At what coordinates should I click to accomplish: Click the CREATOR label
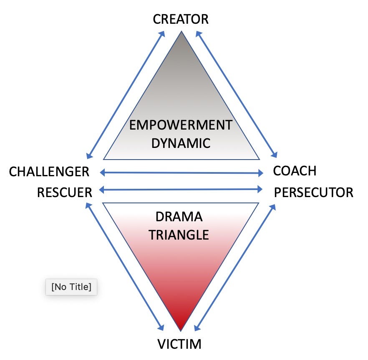[x=180, y=19]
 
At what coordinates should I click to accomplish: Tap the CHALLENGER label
[x=49, y=172]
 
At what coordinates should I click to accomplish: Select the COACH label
[x=295, y=171]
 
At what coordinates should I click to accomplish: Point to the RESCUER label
[x=64, y=192]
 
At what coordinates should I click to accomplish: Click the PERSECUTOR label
[x=313, y=192]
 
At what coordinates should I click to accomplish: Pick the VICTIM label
[x=179, y=344]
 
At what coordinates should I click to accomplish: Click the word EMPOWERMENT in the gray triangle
[x=180, y=125]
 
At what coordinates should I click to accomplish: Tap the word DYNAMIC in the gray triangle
[x=180, y=143]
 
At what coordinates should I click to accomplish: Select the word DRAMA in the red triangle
[x=179, y=217]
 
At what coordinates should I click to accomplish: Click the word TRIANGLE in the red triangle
[x=179, y=235]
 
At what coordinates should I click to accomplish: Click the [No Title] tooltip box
[x=71, y=287]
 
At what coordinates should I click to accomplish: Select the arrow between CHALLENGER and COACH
[x=181, y=172]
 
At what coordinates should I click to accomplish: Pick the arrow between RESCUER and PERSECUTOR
[x=181, y=190]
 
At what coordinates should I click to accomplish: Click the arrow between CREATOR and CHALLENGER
[x=124, y=95]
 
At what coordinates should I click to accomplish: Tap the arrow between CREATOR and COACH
[x=237, y=95]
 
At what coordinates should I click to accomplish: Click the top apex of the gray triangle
[x=181, y=32]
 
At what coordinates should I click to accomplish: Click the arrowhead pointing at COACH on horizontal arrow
[x=260, y=173]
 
